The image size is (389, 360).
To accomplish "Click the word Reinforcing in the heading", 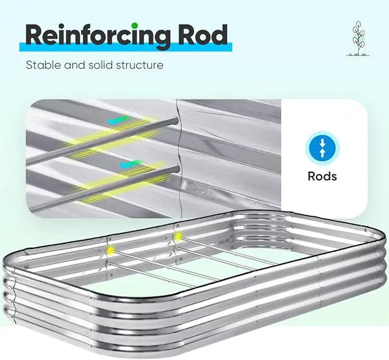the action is [98, 35].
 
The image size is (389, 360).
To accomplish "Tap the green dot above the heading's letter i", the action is [135, 26].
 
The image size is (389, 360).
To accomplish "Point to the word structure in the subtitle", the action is [140, 65].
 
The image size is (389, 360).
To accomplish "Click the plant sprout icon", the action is [357, 38].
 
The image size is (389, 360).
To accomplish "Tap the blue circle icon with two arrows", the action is [323, 148].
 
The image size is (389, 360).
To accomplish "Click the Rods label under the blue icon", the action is [323, 176].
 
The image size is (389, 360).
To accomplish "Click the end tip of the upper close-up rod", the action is [176, 121].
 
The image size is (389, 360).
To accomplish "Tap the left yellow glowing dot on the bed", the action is [111, 250].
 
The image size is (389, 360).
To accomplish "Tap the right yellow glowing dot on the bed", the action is [178, 236].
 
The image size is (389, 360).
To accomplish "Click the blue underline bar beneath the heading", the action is [126, 47].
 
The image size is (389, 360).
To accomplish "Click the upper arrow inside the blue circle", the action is [323, 143].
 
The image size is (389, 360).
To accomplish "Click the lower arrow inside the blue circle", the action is [323, 153].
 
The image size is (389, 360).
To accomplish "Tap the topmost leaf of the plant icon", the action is [358, 24].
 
